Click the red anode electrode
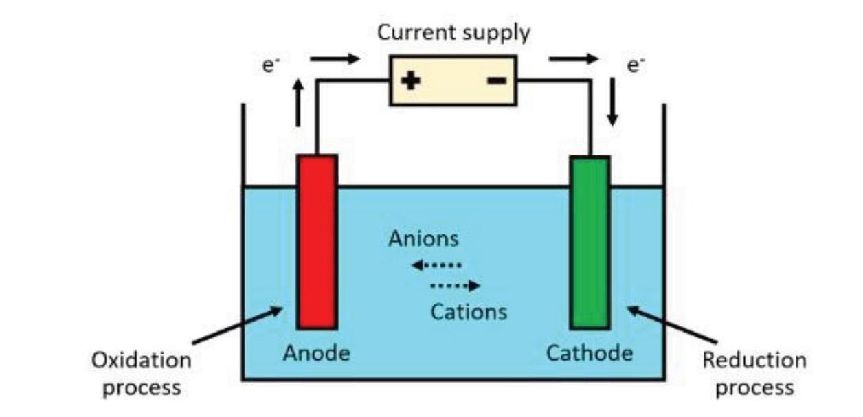coord(317,242)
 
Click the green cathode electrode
coord(590,242)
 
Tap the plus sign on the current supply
coord(411,81)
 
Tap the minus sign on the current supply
coord(497,81)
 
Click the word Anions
coord(423,239)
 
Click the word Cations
coord(469,312)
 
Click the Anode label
coord(316,354)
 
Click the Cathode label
coord(589,354)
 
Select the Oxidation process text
coord(142,373)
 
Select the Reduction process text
coord(754,373)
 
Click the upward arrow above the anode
coord(298,102)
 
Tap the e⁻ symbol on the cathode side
coord(635,67)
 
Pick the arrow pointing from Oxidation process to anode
coord(237,326)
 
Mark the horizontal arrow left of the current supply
coord(335,59)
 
